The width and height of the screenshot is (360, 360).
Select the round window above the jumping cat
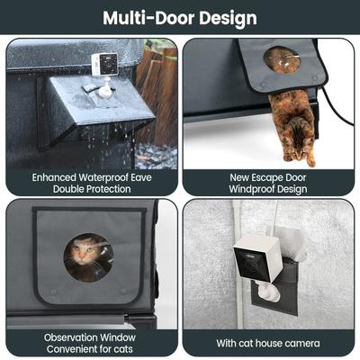coord(283,59)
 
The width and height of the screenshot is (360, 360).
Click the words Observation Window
coord(90,336)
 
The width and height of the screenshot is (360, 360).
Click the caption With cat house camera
coord(268,342)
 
